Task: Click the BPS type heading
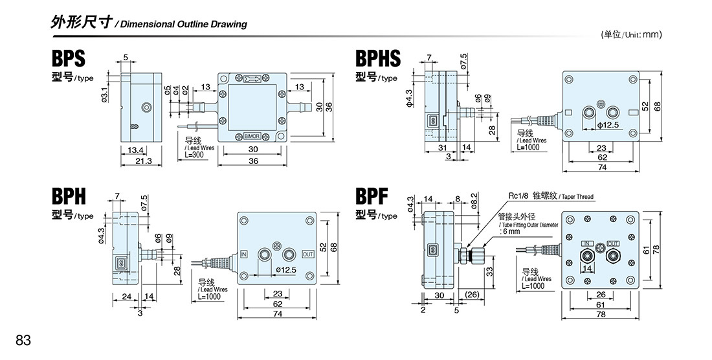68,59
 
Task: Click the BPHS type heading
378,59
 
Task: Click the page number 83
23,340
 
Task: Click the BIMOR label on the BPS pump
252,136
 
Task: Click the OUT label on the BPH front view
308,254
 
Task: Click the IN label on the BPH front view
243,254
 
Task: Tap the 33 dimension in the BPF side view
489,272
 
